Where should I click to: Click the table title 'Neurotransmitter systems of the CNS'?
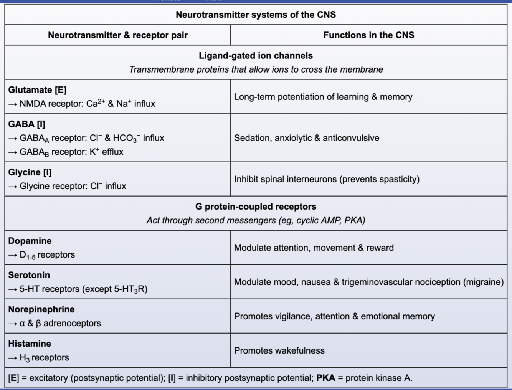tap(256, 15)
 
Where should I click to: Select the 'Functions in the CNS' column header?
tap(368, 35)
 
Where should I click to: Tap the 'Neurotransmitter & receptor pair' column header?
tap(117, 35)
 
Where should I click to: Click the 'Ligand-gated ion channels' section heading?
tap(256, 56)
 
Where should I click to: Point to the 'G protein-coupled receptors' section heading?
tap(256, 207)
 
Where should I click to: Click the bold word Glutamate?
tap(30, 90)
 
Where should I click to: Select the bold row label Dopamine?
tap(30, 241)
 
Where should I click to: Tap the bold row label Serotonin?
tap(29, 275)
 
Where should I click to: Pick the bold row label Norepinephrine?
tap(41, 309)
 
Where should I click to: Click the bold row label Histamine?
tap(30, 344)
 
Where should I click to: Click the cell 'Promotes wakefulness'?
tap(279, 350)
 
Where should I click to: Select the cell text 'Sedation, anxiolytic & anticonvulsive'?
tap(306, 138)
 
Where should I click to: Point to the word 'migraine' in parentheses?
tap(483, 282)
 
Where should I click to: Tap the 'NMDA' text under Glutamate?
tap(33, 104)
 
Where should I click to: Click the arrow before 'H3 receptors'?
tap(13, 358)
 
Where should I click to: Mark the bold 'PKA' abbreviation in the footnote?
tap(325, 378)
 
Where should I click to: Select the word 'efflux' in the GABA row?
tap(113, 152)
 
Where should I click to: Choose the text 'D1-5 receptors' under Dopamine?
tap(47, 255)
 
